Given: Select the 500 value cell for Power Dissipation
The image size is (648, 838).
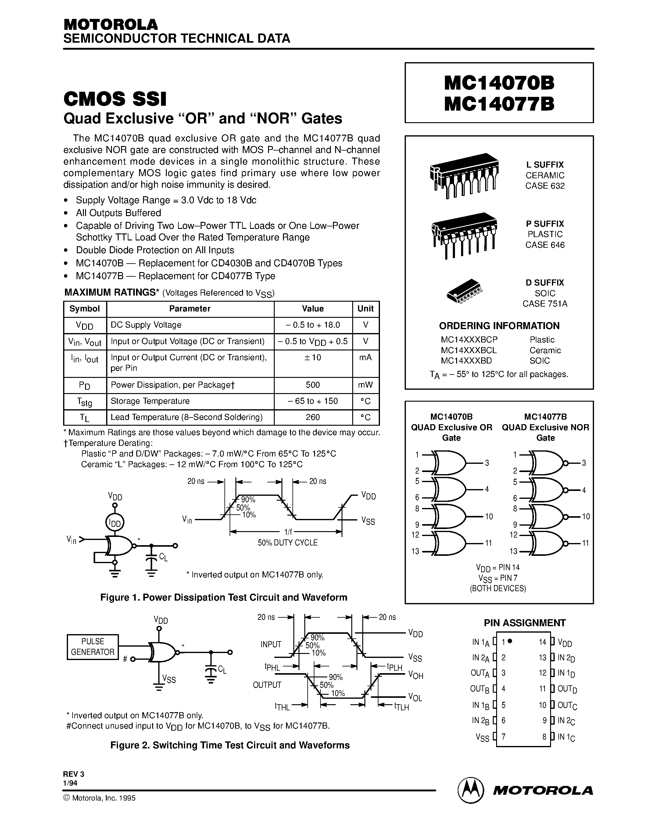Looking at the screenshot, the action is click(x=313, y=385).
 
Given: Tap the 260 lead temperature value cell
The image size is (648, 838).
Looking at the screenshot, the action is click(x=313, y=417).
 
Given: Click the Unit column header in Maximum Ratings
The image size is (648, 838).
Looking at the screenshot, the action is click(x=365, y=308).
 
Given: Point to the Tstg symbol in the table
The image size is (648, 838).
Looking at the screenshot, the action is click(x=84, y=402).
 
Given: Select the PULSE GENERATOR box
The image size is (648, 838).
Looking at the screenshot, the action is click(x=92, y=647).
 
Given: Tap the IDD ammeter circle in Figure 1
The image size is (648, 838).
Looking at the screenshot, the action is click(x=114, y=523).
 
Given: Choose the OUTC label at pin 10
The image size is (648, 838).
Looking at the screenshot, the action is click(x=567, y=705).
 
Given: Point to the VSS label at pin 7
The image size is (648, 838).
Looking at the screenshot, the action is click(x=482, y=737).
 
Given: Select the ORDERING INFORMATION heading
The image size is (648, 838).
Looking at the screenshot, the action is click(x=499, y=326).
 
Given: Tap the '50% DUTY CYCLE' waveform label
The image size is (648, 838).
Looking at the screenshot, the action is click(x=288, y=542).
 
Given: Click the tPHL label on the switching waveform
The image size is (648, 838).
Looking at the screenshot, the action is click(x=272, y=667).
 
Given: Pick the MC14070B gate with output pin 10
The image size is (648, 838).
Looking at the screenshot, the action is click(x=449, y=517).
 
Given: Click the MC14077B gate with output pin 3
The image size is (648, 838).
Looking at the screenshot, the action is click(x=547, y=463).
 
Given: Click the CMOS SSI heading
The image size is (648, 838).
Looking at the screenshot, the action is click(x=115, y=99).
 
